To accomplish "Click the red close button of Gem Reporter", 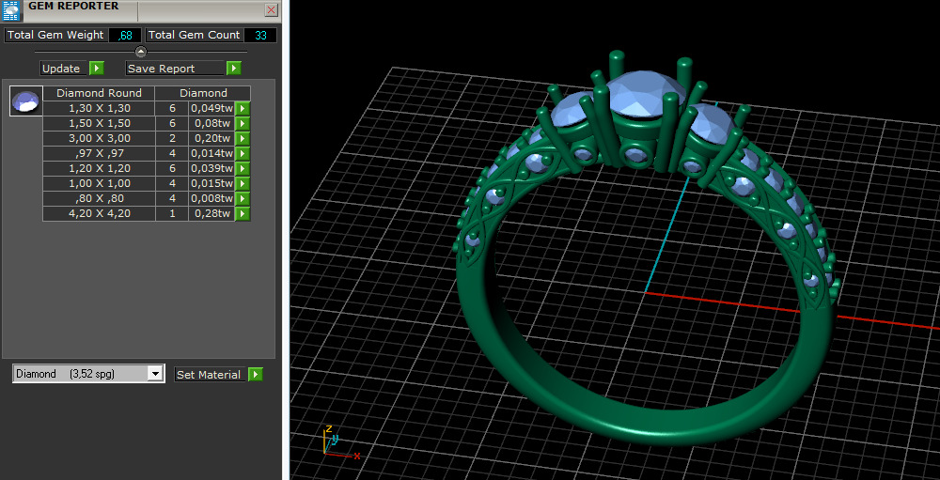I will click(x=272, y=10).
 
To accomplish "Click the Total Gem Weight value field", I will click(x=124, y=35).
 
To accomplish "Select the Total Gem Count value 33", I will click(x=260, y=35).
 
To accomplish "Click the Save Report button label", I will click(x=161, y=69).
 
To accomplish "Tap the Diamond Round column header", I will click(x=99, y=93).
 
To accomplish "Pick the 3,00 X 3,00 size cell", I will click(x=99, y=138).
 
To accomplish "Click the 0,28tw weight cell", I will click(x=211, y=213).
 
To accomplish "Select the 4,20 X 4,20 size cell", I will click(x=99, y=213).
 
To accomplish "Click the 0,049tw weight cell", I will click(x=211, y=108).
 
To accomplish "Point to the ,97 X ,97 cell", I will click(x=99, y=153).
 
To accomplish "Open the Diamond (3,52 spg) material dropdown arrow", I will click(x=156, y=374).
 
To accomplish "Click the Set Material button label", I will click(x=209, y=375).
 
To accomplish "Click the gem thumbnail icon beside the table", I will click(x=25, y=101).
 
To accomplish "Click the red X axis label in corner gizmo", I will click(x=357, y=456).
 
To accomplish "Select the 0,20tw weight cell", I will click(x=211, y=138).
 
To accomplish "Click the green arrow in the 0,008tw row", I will click(x=242, y=198).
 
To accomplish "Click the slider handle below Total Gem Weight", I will click(x=141, y=52).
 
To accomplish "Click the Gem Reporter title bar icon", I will click(x=11, y=9).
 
